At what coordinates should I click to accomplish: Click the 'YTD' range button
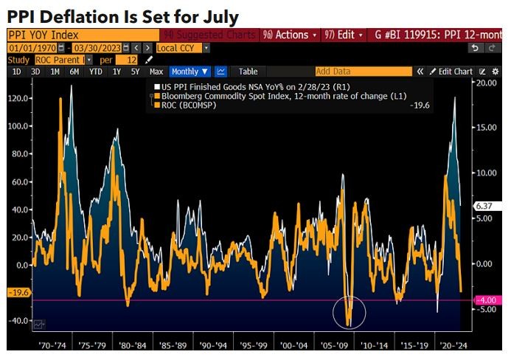tap(94, 72)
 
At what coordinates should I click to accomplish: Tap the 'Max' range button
tap(156, 72)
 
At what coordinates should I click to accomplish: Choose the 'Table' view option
tap(248, 72)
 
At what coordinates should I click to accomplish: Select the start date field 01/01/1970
tap(30, 47)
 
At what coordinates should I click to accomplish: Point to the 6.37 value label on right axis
tap(484, 206)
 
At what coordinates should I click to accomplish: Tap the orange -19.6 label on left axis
tap(18, 293)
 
